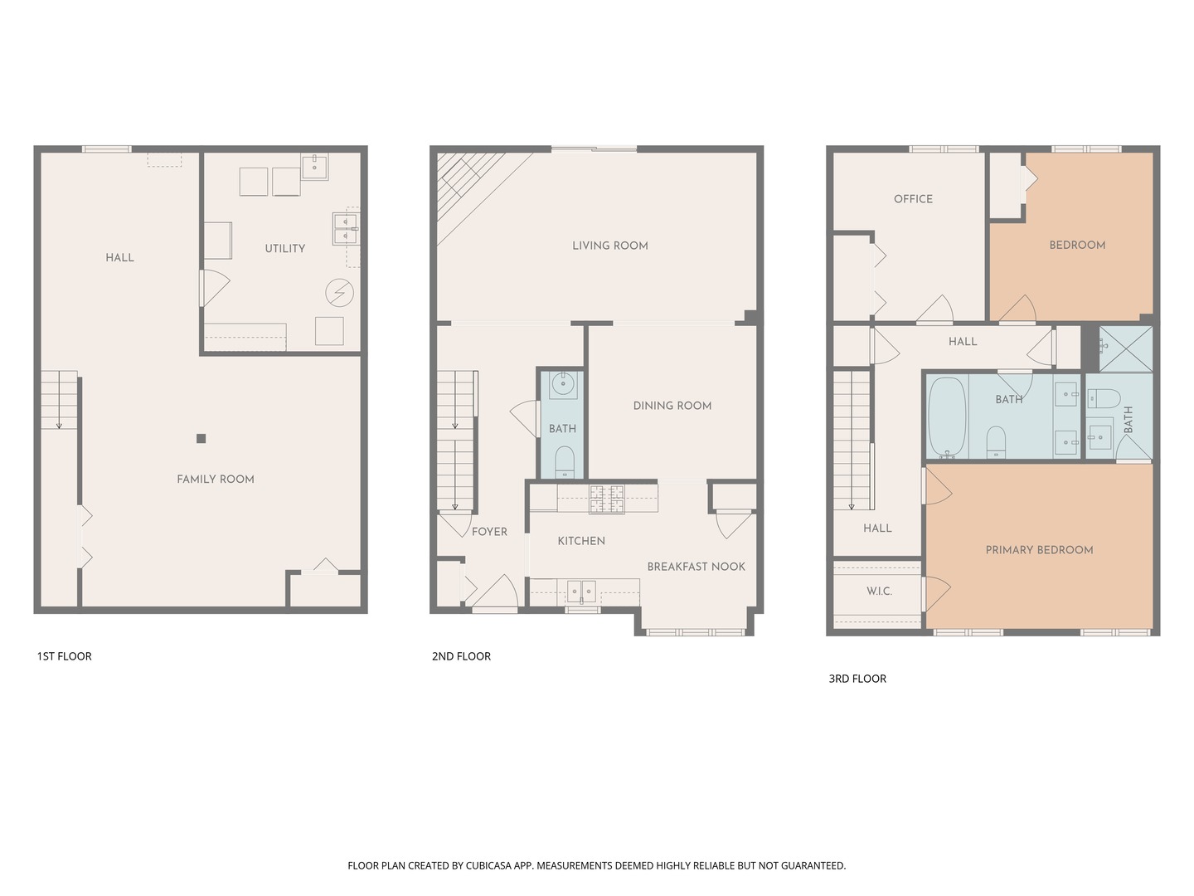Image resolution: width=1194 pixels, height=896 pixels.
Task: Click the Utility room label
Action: click(x=284, y=248)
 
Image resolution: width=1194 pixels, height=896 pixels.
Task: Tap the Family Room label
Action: click(x=215, y=479)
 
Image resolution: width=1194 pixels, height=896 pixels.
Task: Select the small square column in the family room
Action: click(x=201, y=439)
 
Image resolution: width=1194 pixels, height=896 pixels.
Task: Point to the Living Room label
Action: click(x=609, y=246)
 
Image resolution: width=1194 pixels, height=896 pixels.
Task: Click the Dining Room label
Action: click(x=672, y=406)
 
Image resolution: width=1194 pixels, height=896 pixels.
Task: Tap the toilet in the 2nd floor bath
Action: click(x=564, y=460)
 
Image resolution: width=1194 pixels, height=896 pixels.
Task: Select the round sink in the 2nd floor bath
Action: click(x=563, y=384)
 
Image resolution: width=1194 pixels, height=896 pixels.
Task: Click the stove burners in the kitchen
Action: click(x=606, y=499)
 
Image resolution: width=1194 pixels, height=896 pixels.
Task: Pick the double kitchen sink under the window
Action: click(x=581, y=592)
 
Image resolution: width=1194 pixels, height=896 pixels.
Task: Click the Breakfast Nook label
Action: click(x=696, y=567)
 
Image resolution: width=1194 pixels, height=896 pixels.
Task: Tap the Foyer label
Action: click(x=489, y=532)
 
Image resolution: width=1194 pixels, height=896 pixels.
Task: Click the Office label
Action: click(x=913, y=199)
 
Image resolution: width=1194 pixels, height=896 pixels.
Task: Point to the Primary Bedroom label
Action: click(x=1039, y=550)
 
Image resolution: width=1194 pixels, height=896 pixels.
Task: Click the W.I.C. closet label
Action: click(x=879, y=591)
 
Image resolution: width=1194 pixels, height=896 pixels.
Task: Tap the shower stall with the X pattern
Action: click(x=1125, y=348)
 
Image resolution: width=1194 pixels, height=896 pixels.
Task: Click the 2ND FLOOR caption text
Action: click(x=461, y=656)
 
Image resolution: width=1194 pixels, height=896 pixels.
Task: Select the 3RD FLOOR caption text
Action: click(x=857, y=679)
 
